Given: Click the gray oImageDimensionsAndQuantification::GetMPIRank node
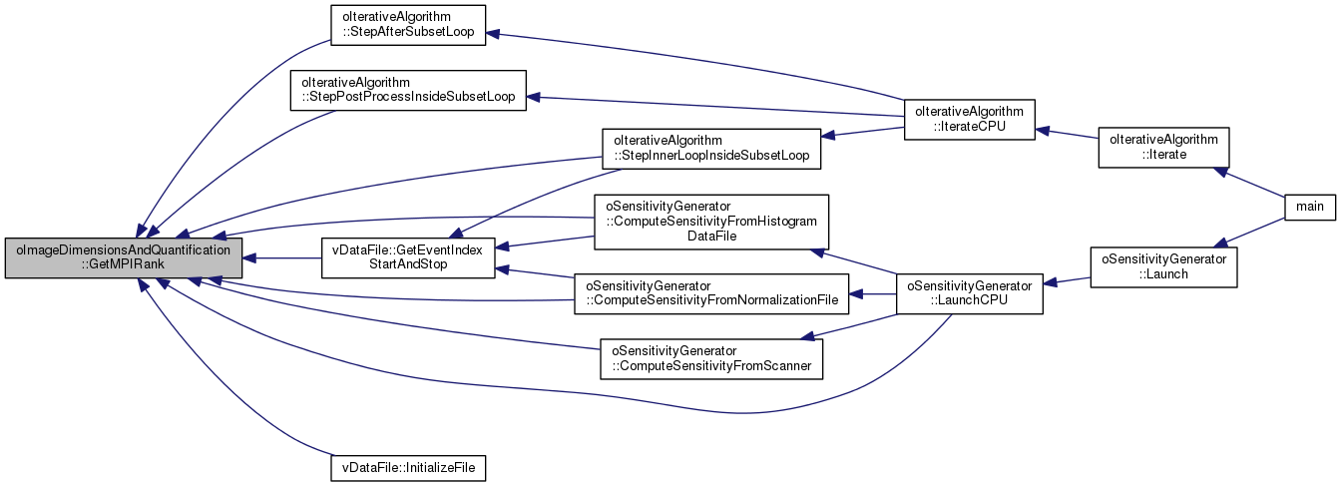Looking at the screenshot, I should (x=122, y=258).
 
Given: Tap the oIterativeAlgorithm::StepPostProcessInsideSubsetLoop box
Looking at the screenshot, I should (x=407, y=89).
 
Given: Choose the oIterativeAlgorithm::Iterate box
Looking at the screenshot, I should (x=1163, y=148).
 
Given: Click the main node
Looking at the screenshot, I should (x=1309, y=207).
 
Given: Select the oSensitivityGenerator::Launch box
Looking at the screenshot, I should (x=1163, y=265).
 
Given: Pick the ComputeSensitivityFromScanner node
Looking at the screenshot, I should (x=711, y=358).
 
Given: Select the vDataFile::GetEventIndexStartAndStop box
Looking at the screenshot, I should (x=407, y=258).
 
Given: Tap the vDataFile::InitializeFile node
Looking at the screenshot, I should (x=407, y=466).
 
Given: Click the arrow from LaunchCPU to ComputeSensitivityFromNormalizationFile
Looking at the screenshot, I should (x=872, y=294).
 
